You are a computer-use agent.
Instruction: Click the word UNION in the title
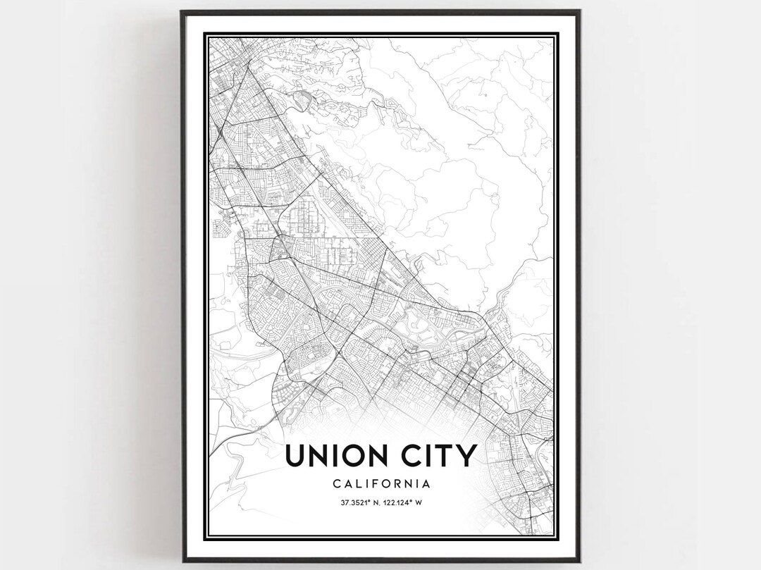335,456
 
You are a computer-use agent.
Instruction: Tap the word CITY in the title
438,456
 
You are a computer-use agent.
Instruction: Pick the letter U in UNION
295,456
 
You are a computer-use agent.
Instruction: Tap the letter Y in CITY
466,456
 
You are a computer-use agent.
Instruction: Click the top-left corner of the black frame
182,11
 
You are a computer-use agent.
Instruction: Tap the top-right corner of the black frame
579,11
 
